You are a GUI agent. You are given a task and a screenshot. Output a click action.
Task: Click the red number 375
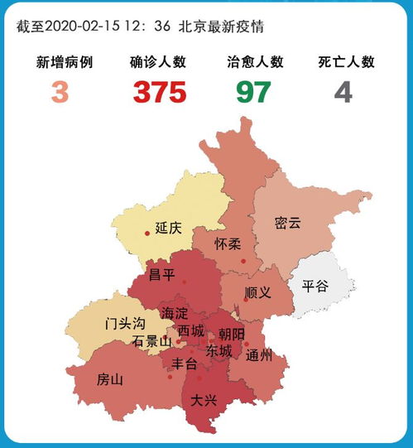point(170,91)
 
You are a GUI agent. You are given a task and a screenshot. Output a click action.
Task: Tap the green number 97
point(253,91)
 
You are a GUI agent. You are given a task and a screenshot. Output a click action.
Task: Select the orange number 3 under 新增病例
point(60,91)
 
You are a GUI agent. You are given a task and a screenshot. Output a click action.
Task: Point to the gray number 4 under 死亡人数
point(343,91)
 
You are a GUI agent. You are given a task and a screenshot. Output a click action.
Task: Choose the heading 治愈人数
point(255,62)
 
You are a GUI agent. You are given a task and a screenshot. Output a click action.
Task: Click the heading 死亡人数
point(347,62)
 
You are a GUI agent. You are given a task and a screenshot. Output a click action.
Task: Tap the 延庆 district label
point(168,229)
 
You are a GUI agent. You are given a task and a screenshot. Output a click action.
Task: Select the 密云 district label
point(287,223)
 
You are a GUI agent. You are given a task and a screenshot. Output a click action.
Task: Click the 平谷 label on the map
point(315,286)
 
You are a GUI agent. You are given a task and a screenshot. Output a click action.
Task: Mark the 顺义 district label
point(258,293)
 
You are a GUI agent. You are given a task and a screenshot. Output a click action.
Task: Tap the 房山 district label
point(109,380)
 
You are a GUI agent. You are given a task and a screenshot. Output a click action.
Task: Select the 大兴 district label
point(204,399)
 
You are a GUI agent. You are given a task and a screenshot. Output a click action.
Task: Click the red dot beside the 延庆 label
point(147,234)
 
